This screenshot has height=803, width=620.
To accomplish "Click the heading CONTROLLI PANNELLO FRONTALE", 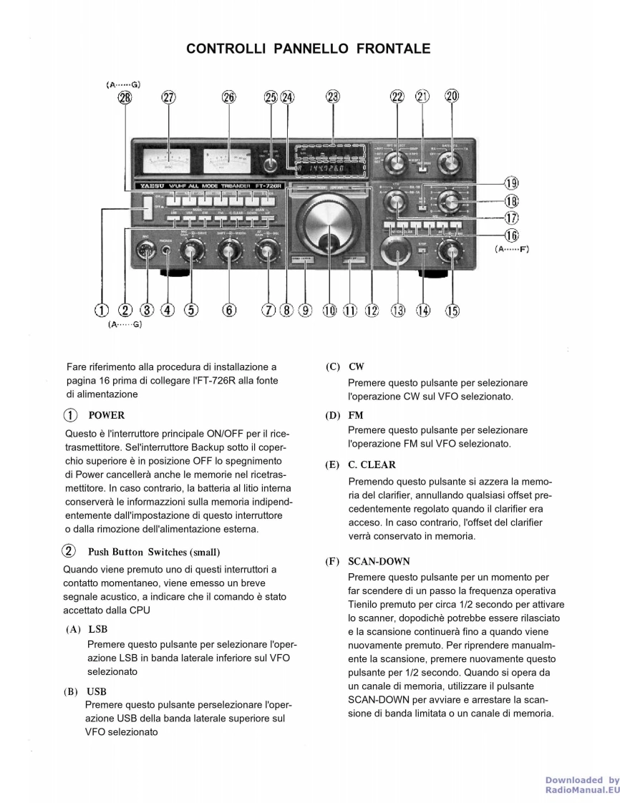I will point(309,49).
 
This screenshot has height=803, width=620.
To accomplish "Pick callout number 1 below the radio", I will point(102,310).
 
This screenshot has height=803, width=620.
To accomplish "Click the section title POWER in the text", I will point(107,415).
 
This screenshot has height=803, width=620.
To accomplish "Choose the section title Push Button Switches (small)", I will point(154,552).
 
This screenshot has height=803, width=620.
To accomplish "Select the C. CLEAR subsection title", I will point(372,465).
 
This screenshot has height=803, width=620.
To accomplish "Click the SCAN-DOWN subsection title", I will point(379,562).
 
